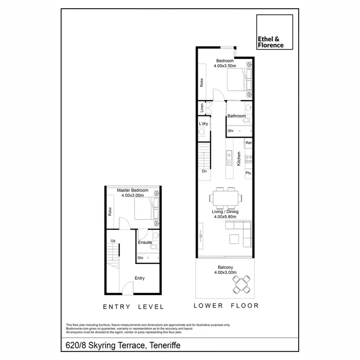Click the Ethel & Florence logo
tap(275, 32)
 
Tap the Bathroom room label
tap(237, 116)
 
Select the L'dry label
tap(203, 124)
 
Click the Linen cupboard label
tap(202, 108)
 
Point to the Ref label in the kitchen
tap(248, 143)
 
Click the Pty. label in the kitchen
tap(248, 173)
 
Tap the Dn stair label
tap(204, 171)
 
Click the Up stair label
tap(113, 241)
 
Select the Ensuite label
tap(145, 242)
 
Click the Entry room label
tap(140, 278)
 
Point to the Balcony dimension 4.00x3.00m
tap(225, 273)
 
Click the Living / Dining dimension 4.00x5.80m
tap(225, 217)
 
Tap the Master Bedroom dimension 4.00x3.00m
tap(132, 196)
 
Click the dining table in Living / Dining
tap(225, 197)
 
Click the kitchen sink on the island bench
tap(229, 155)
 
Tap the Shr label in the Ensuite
tap(141, 258)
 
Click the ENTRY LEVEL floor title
tap(133, 307)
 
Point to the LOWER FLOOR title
tap(226, 305)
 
